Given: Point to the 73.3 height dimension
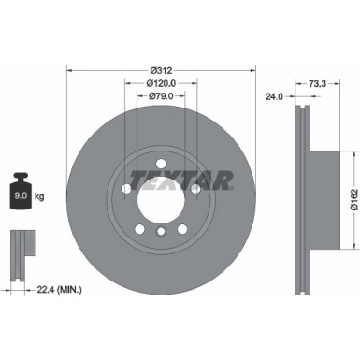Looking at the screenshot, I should coord(317,83).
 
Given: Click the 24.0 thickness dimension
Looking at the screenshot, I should coord(274,95).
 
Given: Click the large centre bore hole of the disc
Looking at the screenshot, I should coord(160,197).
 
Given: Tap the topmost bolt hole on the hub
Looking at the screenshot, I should coord(160,160).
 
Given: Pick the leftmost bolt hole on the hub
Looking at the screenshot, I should coord(124,187).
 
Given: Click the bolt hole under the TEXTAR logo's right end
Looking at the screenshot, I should coord(195,186).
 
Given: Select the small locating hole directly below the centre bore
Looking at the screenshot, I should coord(160,231).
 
